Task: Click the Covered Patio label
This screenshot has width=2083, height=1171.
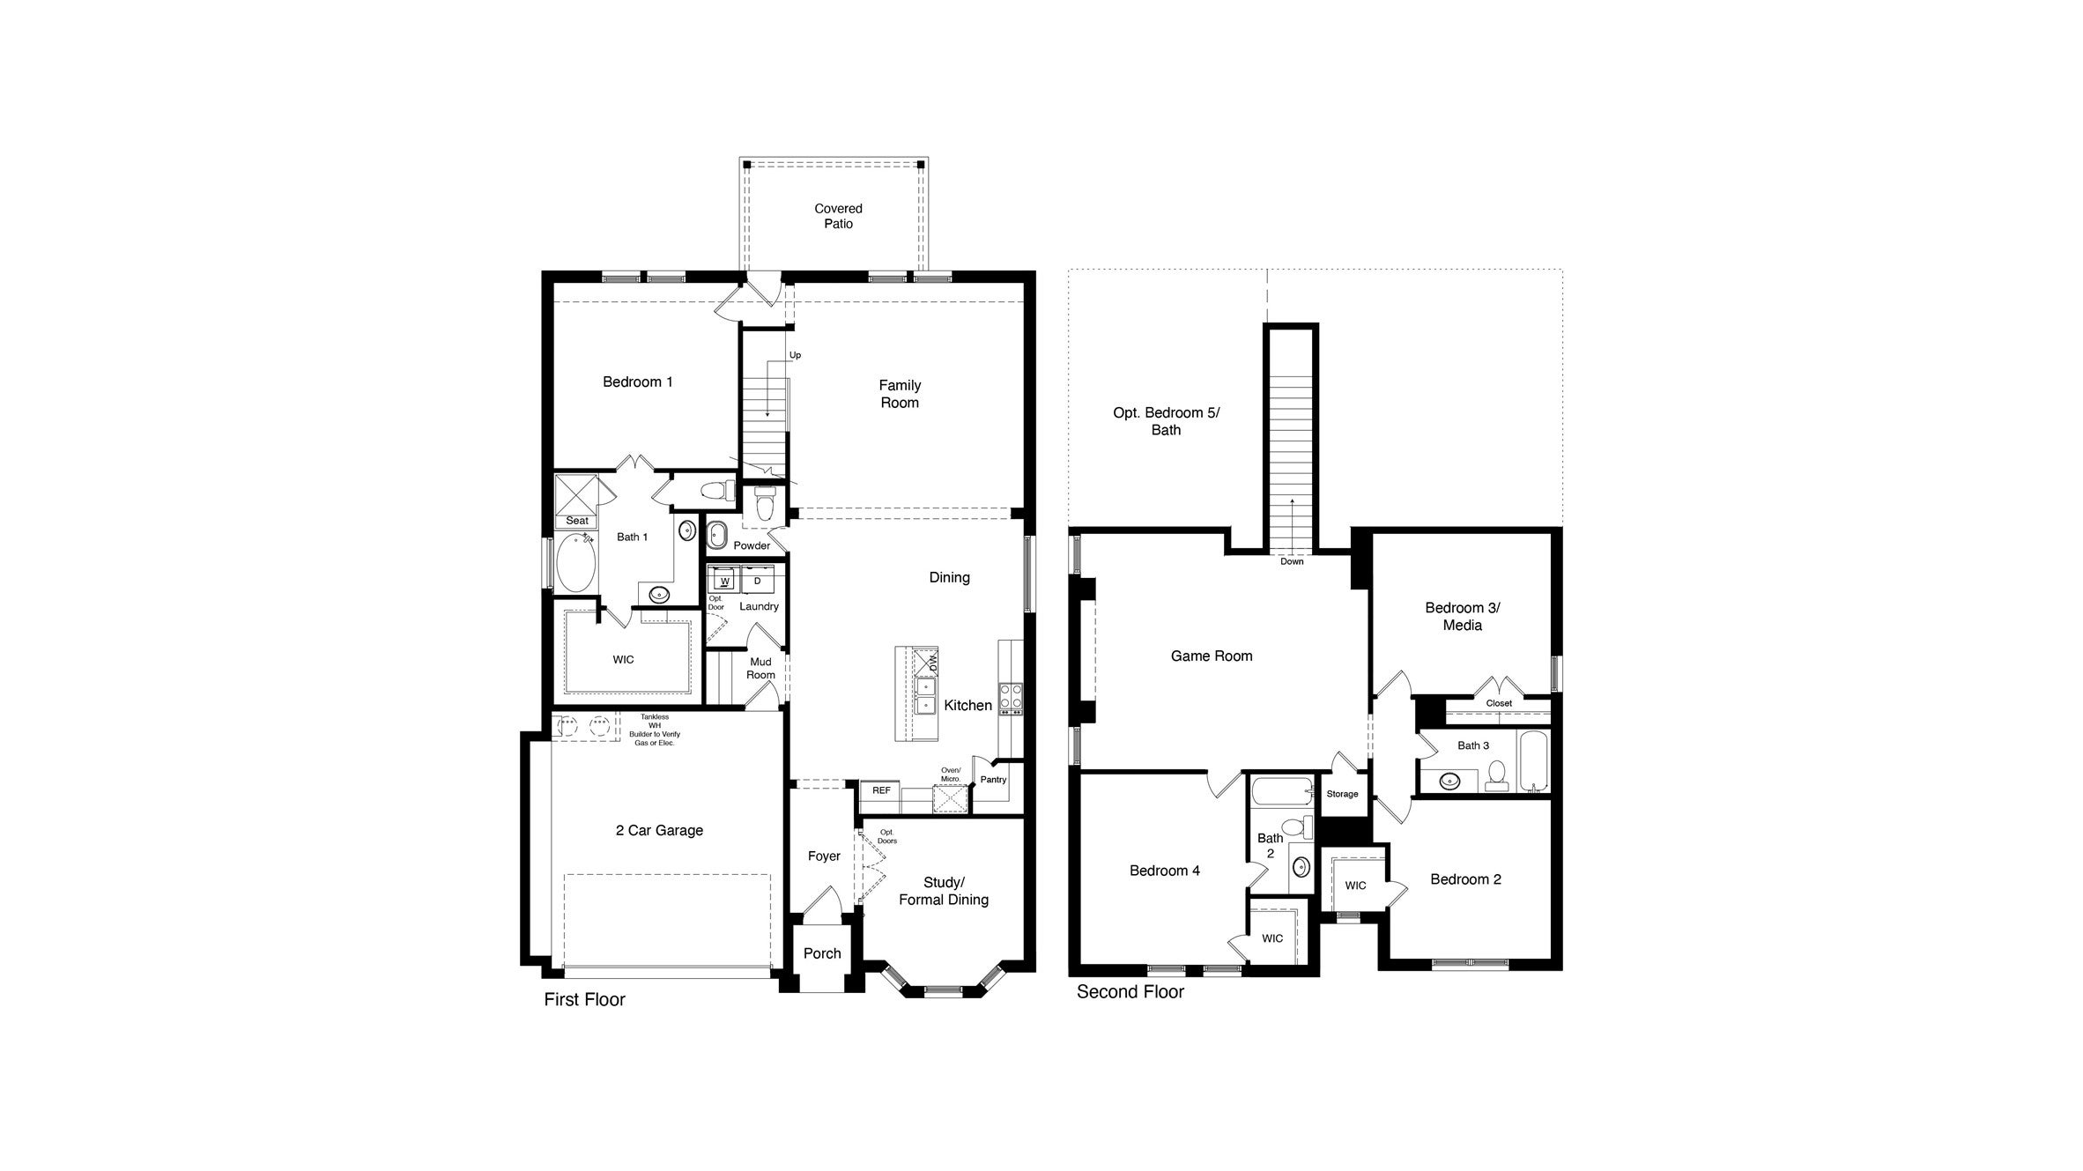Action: pos(838,216)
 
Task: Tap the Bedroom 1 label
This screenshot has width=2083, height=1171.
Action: pos(637,382)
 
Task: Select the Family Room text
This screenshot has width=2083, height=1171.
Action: pos(899,394)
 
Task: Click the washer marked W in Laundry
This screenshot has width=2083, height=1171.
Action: pos(724,581)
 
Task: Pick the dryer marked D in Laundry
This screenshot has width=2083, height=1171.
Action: pos(757,581)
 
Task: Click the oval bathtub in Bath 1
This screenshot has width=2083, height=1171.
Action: pos(576,561)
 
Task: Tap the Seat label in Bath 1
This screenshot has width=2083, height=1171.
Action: pos(576,521)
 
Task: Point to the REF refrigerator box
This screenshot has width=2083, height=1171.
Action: pos(881,790)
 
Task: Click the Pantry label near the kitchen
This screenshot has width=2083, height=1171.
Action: pos(993,780)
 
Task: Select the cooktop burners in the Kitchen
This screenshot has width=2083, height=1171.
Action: pos(1011,698)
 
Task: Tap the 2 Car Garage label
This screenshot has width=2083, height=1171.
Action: pos(659,830)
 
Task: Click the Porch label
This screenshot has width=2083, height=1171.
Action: pos(822,953)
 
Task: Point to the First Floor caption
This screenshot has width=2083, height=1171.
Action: pos(584,999)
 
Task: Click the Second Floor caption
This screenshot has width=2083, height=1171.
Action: pos(1130,992)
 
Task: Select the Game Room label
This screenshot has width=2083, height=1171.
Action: pos(1211,656)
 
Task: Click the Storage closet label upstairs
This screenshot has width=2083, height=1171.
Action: pos(1342,794)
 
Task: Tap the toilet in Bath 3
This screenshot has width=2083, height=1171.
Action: pos(1496,775)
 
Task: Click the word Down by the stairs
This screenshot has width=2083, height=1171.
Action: pos(1292,561)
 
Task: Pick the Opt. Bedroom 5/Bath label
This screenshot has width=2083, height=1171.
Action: pos(1166,421)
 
